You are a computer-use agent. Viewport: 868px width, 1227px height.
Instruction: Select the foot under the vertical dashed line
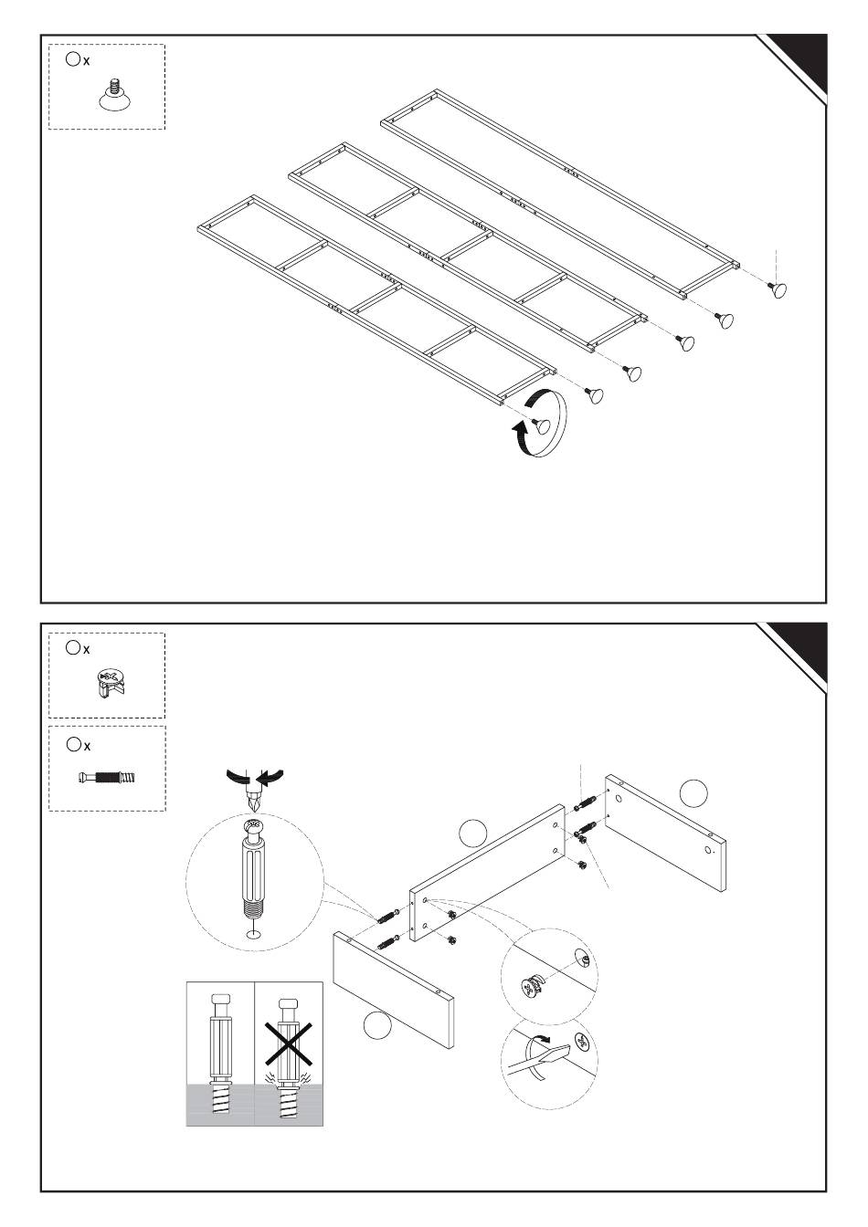tap(778, 288)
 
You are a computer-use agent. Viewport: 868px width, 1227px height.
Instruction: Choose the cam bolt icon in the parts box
tap(107, 779)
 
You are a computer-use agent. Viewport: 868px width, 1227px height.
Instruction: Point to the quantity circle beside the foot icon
tap(73, 59)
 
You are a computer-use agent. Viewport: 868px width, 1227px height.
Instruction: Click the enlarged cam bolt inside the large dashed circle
tap(253, 867)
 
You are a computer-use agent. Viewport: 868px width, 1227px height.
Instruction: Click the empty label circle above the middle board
tap(471, 832)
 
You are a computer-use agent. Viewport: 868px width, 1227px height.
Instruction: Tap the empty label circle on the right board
tap(694, 792)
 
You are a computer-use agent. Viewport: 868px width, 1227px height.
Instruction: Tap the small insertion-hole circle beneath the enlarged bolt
tap(253, 934)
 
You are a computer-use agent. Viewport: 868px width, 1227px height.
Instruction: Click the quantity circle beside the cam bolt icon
tap(73, 745)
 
